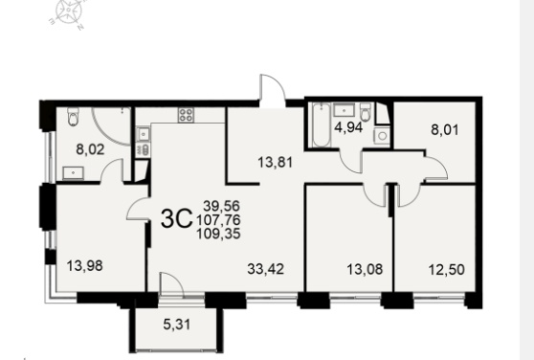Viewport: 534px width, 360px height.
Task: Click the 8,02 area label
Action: (x=90, y=149)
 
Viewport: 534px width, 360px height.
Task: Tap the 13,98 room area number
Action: (x=84, y=265)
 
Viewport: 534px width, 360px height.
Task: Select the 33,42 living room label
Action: (x=266, y=269)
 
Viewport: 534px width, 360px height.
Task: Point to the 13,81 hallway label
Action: (x=276, y=162)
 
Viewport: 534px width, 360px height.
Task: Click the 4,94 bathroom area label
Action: (x=348, y=127)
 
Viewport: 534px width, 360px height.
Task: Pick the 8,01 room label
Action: (x=445, y=130)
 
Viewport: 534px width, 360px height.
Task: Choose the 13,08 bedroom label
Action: (x=365, y=269)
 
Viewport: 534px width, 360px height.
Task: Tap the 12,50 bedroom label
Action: (x=447, y=269)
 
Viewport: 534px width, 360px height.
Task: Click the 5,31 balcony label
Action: (x=177, y=325)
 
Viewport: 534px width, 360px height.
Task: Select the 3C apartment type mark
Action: (x=176, y=219)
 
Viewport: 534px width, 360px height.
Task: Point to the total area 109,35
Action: (x=218, y=234)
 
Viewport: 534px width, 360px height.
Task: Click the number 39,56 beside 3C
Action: (x=222, y=206)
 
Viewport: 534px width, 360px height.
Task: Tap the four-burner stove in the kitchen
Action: (x=186, y=115)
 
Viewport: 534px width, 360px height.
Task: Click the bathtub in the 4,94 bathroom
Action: (x=322, y=125)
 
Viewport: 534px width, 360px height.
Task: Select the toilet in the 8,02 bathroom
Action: (x=74, y=117)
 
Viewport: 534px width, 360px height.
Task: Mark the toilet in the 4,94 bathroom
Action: (x=366, y=112)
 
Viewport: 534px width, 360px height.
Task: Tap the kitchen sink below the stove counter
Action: (x=143, y=133)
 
